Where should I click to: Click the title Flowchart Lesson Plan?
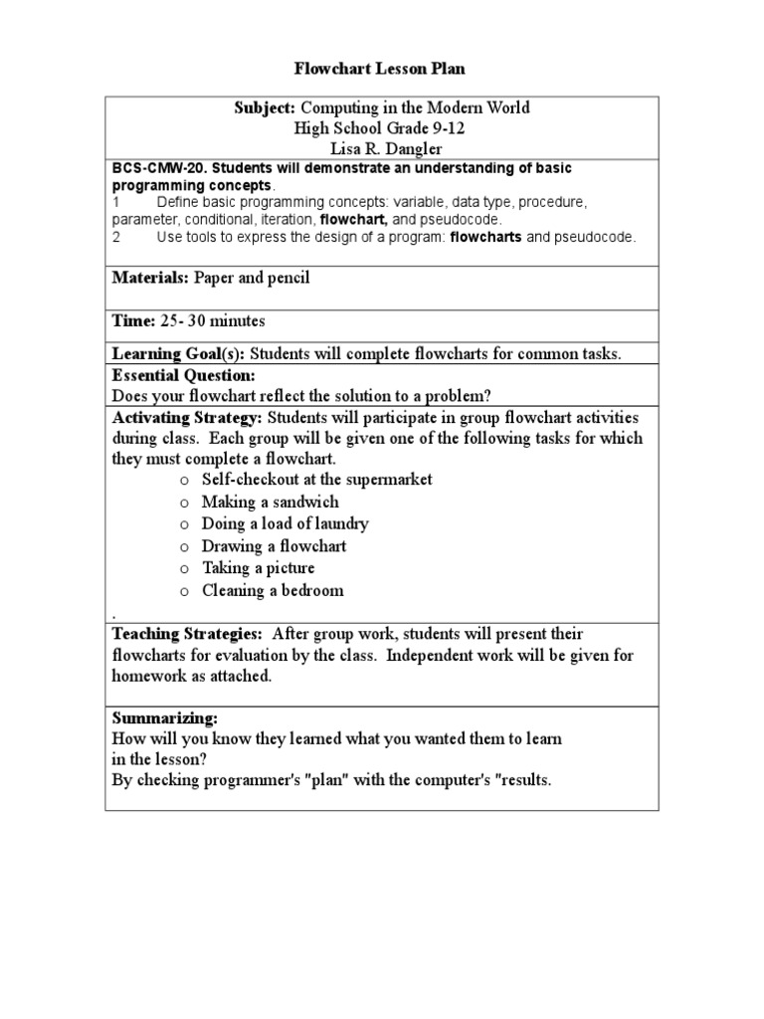pyautogui.click(x=379, y=69)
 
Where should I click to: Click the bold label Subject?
pyautogui.click(x=266, y=107)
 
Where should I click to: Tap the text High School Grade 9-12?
pyautogui.click(x=380, y=127)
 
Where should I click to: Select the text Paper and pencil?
pyautogui.click(x=252, y=278)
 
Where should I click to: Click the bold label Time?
pyautogui.click(x=133, y=321)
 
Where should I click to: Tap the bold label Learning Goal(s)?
pyautogui.click(x=179, y=354)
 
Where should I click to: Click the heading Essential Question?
pyautogui.click(x=184, y=375)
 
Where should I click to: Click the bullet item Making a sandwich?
pyautogui.click(x=270, y=502)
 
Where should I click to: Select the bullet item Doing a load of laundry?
pyautogui.click(x=286, y=523)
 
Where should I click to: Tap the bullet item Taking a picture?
pyautogui.click(x=258, y=567)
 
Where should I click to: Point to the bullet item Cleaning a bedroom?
pyautogui.click(x=273, y=590)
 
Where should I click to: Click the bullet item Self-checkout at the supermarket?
pyautogui.click(x=316, y=479)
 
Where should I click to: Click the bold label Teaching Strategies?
pyautogui.click(x=187, y=634)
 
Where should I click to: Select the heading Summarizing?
pyautogui.click(x=164, y=717)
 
